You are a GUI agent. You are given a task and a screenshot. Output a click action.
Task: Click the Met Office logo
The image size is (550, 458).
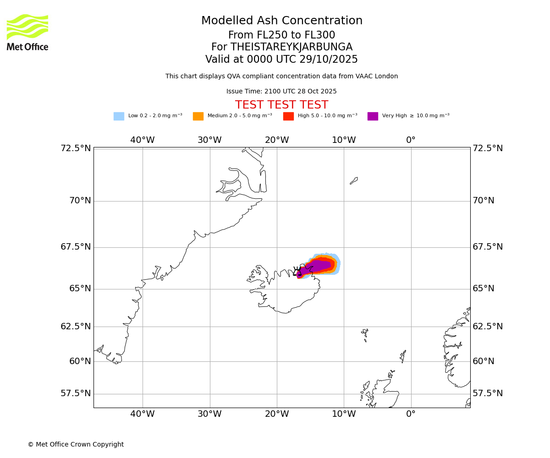point(27,32)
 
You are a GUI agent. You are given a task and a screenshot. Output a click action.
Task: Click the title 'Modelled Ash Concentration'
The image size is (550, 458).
point(282,21)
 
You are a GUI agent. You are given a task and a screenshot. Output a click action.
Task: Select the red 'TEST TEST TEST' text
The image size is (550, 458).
point(281,105)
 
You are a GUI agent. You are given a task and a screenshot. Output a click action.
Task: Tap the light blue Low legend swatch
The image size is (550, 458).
point(119,116)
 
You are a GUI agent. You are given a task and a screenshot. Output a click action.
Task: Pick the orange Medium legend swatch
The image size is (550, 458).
point(198,116)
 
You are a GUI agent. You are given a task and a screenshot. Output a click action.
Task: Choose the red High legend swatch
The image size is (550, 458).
point(288,116)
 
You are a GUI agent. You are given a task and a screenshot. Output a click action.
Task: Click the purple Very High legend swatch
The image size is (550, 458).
point(373,116)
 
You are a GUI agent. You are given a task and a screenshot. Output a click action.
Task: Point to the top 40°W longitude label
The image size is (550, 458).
point(143,140)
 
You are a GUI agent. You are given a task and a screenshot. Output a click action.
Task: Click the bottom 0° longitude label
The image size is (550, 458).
point(411,414)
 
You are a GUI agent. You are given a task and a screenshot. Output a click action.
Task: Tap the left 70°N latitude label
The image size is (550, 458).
point(76,201)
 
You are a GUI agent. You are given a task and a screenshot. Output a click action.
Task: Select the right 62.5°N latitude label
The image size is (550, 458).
point(488,327)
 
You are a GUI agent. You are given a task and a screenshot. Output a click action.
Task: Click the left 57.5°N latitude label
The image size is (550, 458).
point(76,393)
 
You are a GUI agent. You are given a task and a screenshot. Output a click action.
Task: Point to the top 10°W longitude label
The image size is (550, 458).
point(344,140)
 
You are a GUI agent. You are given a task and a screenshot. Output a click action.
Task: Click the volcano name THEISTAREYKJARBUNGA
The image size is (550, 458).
point(291,47)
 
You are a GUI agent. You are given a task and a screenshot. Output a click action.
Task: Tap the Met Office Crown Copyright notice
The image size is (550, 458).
point(76,444)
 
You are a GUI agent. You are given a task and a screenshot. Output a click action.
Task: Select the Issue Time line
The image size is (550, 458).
point(281,92)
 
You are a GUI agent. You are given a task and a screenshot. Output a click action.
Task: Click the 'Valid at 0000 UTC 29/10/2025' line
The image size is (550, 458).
point(281,60)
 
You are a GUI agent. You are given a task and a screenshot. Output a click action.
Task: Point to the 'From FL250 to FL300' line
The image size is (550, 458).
point(281,35)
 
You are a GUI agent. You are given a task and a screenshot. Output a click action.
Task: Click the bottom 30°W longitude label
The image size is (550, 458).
point(209,414)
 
